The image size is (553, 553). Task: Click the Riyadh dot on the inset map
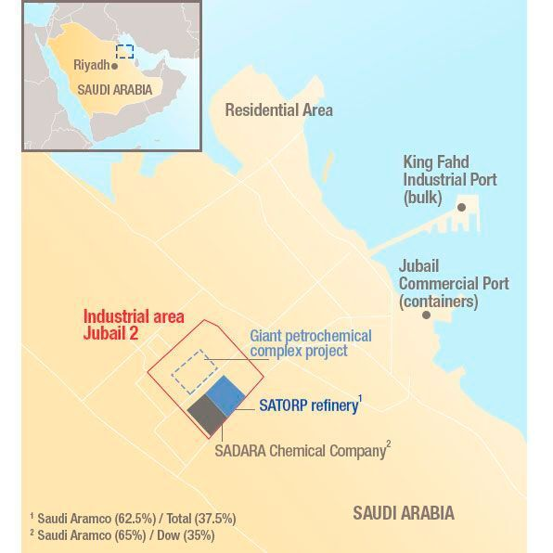[114, 67]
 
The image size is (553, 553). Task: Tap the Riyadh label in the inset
[92, 66]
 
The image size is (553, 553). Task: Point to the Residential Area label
[278, 110]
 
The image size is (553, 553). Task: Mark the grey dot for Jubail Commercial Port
[426, 315]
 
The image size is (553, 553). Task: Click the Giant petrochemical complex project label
[310, 343]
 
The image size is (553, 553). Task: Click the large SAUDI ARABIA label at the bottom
[404, 512]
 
